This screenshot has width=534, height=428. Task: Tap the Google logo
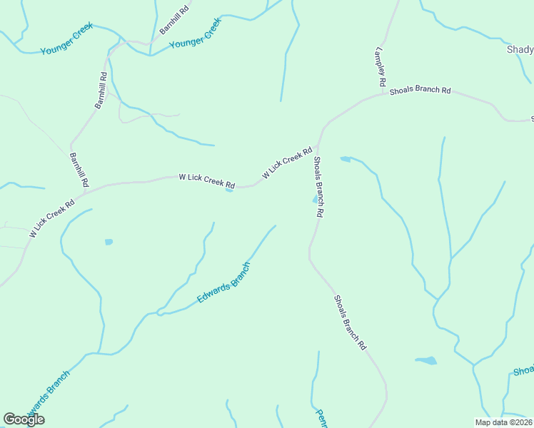click(24, 419)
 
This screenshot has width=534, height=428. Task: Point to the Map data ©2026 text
click(504, 422)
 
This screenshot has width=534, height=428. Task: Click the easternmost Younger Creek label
click(196, 34)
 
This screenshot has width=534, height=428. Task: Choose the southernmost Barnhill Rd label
click(79, 170)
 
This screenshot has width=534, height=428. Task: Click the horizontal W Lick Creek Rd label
click(206, 180)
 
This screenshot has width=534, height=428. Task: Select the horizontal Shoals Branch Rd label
click(420, 91)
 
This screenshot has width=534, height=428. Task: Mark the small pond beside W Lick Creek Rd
click(229, 190)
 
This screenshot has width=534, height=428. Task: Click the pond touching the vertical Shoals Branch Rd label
click(314, 200)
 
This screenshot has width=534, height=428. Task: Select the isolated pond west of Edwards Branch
click(109, 242)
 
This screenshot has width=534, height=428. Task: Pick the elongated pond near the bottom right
click(425, 361)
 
